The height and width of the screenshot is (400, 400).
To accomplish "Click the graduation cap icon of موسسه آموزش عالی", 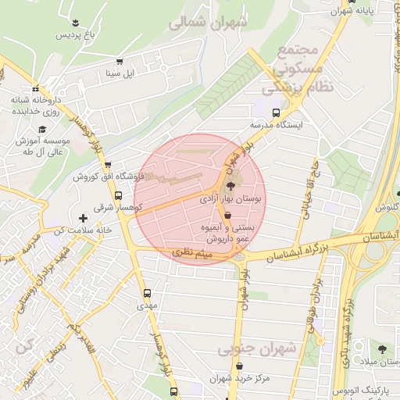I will [x=41, y=129].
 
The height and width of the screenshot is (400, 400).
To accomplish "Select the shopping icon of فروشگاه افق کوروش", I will [x=107, y=164].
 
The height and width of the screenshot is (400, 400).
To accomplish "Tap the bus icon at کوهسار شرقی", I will [x=118, y=195].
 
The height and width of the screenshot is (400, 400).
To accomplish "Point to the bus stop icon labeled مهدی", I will [x=147, y=293].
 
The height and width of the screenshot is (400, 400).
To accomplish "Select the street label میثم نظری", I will [x=192, y=252].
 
